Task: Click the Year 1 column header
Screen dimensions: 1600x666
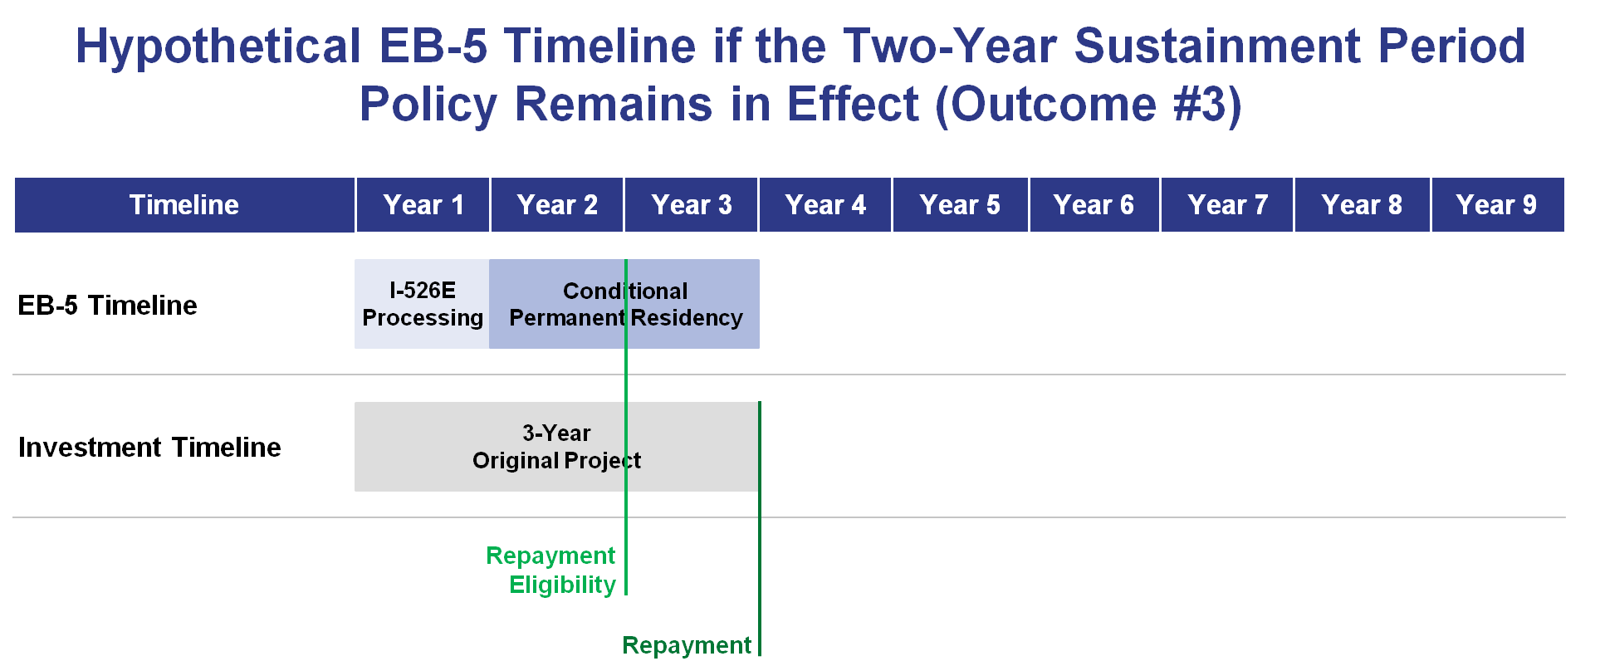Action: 423,204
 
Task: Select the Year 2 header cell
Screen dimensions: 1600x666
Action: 557,204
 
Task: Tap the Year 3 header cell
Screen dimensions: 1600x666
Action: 692,204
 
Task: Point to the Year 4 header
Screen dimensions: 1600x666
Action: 825,204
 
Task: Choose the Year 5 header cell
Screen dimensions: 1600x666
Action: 961,204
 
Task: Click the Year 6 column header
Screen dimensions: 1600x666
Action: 1094,204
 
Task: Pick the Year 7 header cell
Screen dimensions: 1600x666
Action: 1227,204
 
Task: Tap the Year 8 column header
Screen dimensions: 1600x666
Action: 1363,204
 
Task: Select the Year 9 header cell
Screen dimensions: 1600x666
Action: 1498,204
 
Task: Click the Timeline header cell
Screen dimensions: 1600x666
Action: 184,204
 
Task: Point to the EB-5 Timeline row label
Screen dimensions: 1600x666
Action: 107,306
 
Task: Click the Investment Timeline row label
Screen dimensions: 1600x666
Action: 149,448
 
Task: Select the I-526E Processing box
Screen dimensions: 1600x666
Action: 422,304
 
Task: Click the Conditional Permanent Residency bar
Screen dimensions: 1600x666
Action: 624,304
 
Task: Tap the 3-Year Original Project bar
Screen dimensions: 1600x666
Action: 556,447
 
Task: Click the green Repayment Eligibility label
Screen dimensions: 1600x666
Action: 551,570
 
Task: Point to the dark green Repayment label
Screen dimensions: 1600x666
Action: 687,645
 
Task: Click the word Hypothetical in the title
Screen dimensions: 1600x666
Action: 218,47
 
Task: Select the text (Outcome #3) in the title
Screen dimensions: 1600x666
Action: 1089,105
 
